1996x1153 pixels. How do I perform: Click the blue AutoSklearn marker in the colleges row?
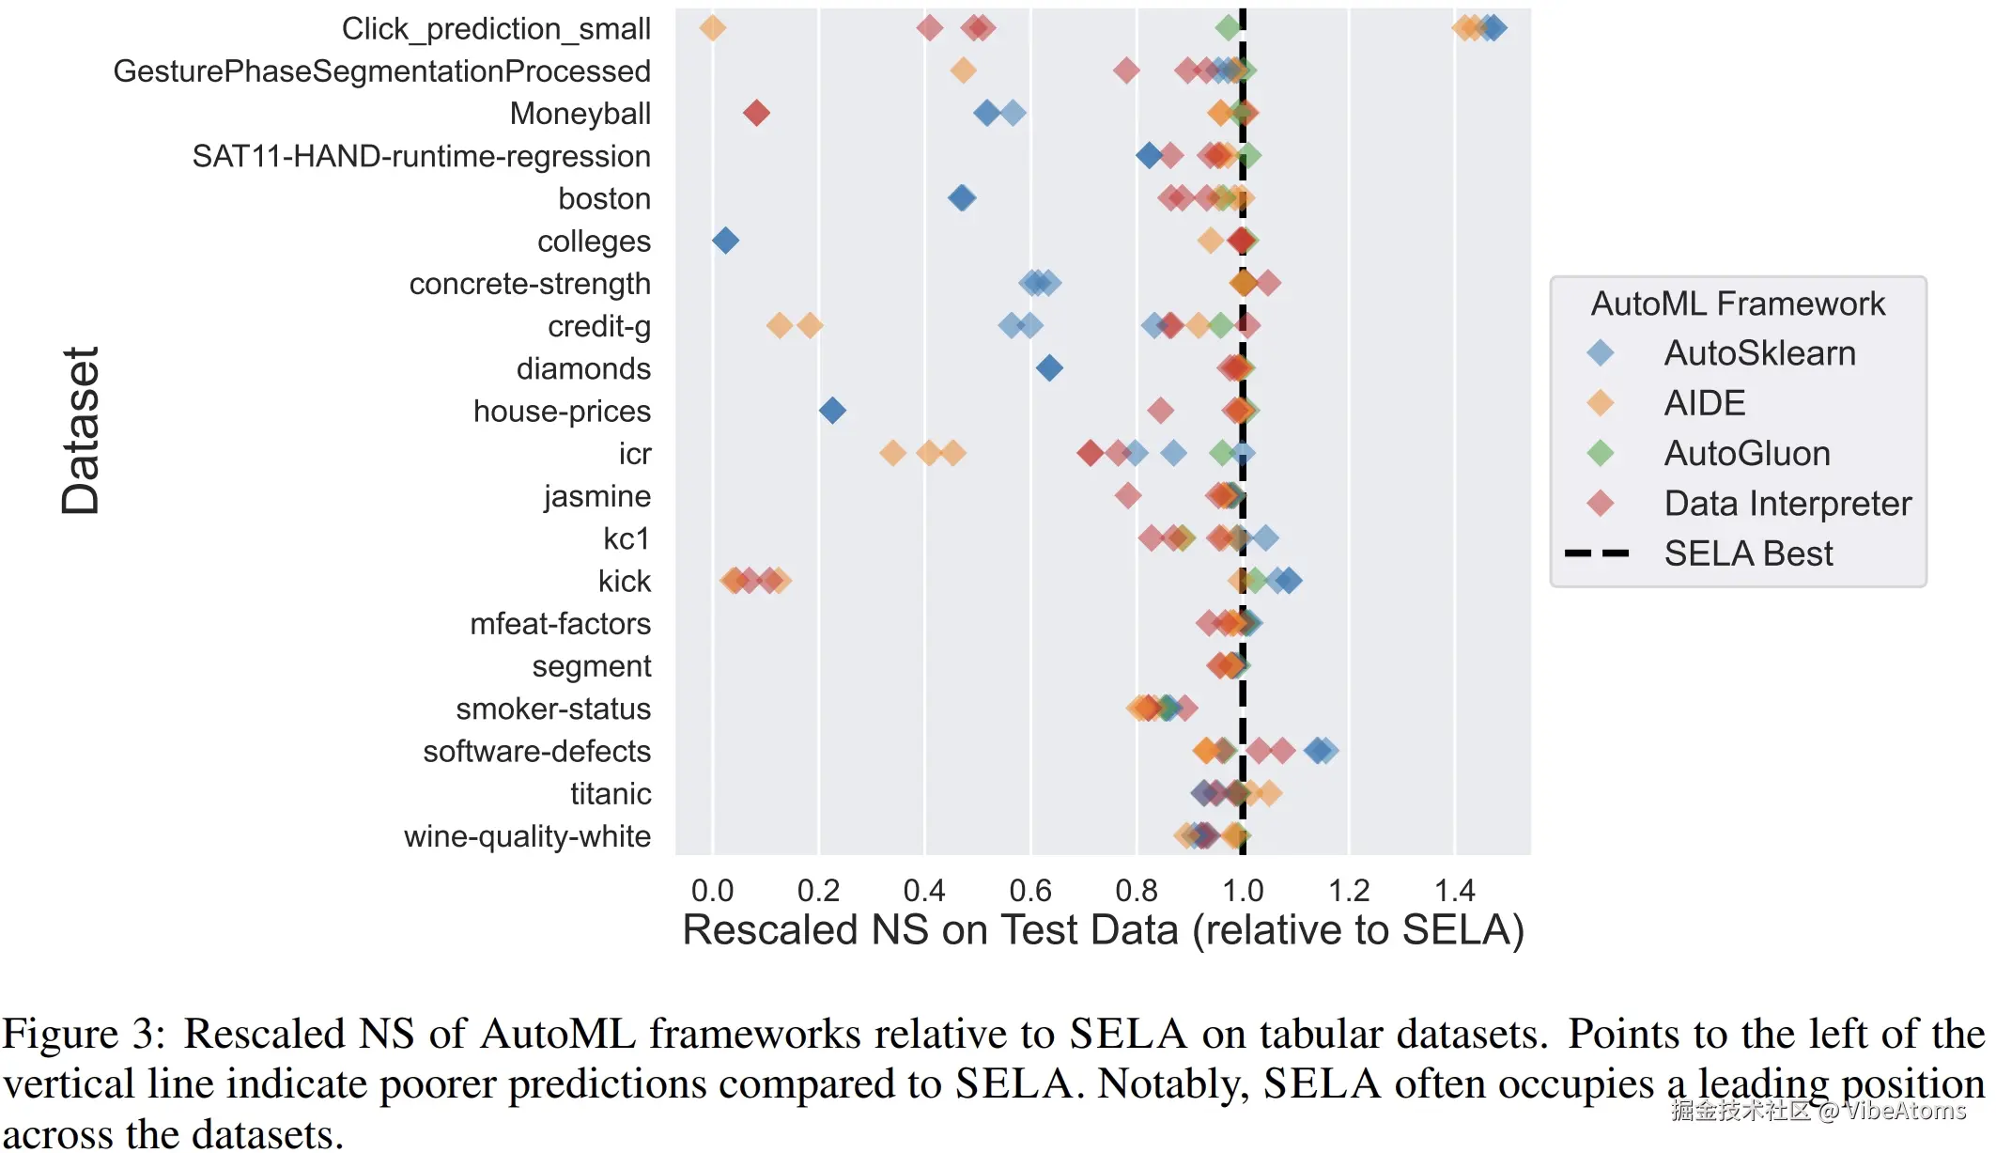725,241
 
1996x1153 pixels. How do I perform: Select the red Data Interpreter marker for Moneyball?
756,114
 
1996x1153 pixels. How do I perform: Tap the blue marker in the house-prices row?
832,411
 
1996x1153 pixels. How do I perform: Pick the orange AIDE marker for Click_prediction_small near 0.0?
713,28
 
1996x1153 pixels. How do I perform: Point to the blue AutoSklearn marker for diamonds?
1049,368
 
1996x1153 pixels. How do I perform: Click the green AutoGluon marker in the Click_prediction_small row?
1228,28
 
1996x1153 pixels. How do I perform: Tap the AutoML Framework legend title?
1738,304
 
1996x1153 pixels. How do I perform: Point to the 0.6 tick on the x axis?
1030,890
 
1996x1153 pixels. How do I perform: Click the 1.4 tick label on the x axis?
1455,890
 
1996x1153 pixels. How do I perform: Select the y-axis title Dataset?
82,430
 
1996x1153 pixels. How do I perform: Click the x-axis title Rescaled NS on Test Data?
1103,930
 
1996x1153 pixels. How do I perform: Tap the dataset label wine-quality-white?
527,836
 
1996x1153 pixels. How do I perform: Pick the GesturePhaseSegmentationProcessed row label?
381,71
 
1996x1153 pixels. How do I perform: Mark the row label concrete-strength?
530,284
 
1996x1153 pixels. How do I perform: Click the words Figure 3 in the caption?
84,1035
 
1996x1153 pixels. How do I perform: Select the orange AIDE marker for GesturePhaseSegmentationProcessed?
963,70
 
